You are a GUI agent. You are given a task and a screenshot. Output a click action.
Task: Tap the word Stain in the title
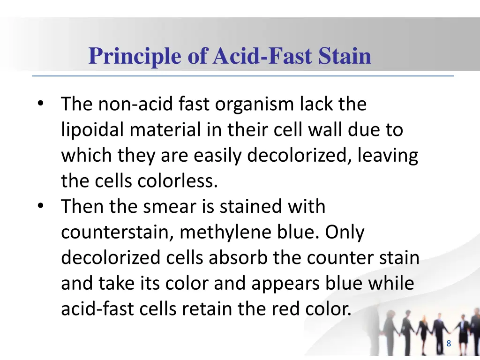click(x=345, y=56)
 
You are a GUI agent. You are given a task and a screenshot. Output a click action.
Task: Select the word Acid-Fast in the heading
click(x=262, y=56)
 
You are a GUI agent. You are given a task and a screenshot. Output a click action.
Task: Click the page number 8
click(x=449, y=344)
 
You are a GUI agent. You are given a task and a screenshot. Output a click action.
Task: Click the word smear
click(x=190, y=207)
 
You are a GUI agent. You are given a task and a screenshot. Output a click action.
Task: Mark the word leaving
click(x=387, y=156)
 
